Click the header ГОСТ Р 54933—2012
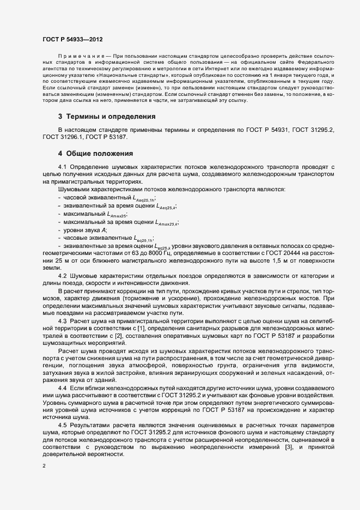click(x=72, y=40)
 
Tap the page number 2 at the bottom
click(x=44, y=466)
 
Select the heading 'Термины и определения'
click(x=104, y=117)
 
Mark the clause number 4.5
click(x=62, y=423)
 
